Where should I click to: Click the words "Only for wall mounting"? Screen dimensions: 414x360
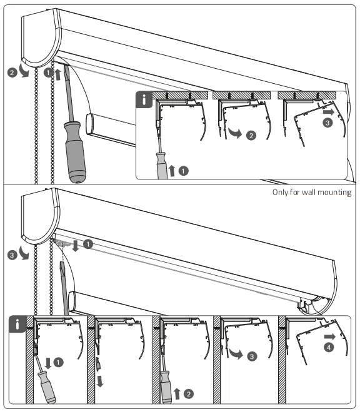coord(312,192)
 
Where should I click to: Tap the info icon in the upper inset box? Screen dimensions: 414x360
coord(144,99)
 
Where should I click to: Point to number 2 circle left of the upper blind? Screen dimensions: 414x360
coord(12,73)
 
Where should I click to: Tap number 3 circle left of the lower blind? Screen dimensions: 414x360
coord(12,255)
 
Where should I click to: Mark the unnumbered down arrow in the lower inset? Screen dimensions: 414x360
coord(98,381)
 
